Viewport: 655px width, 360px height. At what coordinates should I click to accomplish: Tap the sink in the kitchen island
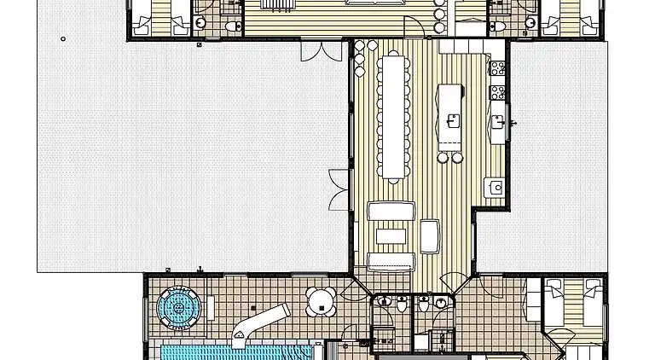tap(453, 120)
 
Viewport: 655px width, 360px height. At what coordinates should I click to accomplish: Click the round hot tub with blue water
tap(179, 305)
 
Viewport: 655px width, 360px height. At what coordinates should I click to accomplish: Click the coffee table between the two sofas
tap(391, 236)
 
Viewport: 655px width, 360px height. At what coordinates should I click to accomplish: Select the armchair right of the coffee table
tap(430, 236)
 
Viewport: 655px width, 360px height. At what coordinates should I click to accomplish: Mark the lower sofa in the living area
tap(391, 261)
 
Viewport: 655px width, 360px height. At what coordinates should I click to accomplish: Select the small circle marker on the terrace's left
tap(63, 38)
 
